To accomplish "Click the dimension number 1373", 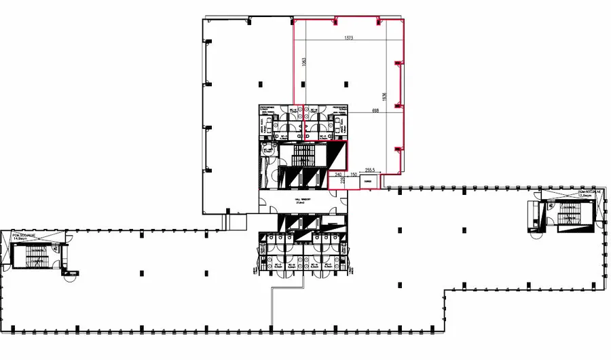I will (350, 37).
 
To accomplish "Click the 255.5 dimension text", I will (371, 170).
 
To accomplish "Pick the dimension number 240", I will (338, 175).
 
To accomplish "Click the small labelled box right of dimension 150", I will (369, 181).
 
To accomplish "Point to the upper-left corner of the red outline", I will (293, 19).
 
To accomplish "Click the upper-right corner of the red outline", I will (406, 19).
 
